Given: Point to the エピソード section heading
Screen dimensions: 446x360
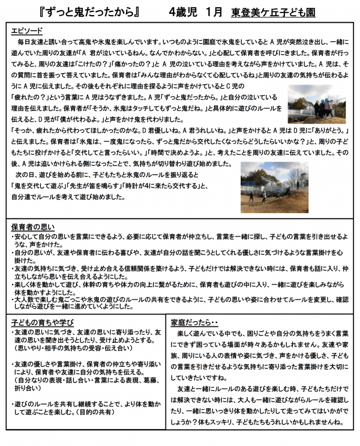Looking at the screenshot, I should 26,30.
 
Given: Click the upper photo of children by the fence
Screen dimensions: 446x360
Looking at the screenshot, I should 316,107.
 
